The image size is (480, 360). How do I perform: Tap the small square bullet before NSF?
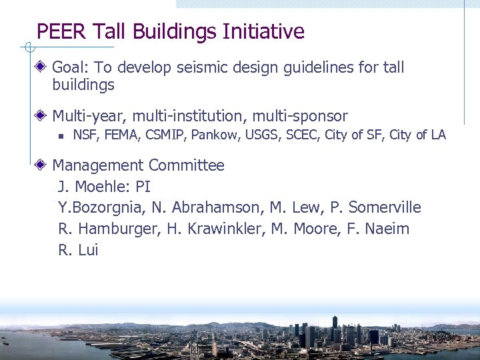pos(60,136)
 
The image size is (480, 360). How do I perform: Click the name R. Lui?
pos(79,251)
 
